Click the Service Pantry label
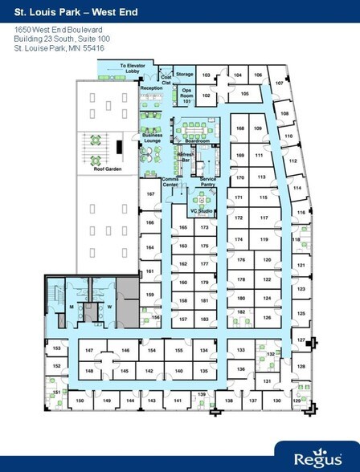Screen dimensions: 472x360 point(208,181)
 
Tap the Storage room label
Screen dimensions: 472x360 point(185,74)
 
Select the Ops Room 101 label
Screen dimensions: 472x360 point(186,96)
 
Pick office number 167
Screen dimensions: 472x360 point(149,194)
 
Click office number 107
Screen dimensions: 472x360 point(280,83)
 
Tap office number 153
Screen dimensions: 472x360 point(58,348)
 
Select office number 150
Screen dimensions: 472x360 point(80,400)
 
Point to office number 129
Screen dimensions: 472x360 point(297,400)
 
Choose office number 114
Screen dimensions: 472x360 point(297,188)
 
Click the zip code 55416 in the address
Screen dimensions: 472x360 point(92,49)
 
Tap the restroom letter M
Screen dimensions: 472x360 point(72,306)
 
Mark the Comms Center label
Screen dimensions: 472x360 point(170,181)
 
